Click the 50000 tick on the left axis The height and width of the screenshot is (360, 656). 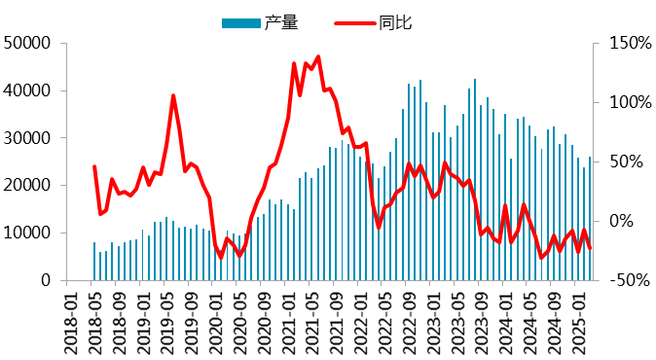tap(28, 44)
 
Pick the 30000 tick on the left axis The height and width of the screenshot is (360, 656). tap(28, 138)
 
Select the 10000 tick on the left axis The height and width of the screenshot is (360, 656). tap(28, 234)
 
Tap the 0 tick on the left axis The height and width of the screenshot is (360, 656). tap(46, 280)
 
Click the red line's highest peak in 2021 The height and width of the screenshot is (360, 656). tap(318, 57)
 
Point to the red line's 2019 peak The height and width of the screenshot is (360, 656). tap(173, 95)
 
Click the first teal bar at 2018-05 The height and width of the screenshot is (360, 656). tap(94, 261)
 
